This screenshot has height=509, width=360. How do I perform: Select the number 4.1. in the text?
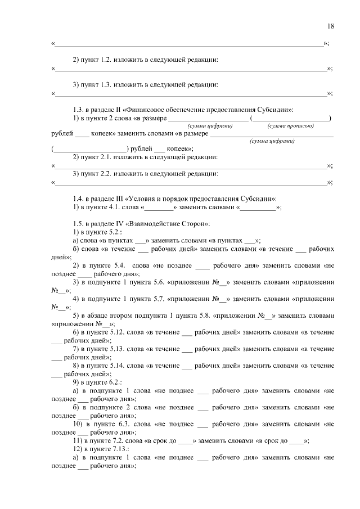pyautogui.click(x=113, y=207)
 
